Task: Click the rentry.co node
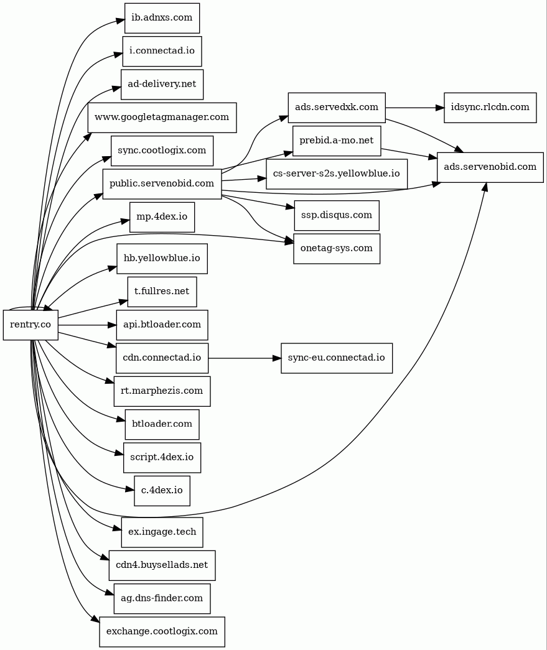(x=30, y=325)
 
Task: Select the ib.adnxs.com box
(x=162, y=18)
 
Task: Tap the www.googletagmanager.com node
(x=162, y=117)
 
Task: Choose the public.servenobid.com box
(x=162, y=183)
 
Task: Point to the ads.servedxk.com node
(x=337, y=108)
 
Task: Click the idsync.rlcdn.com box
(x=490, y=108)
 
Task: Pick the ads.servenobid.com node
(x=490, y=167)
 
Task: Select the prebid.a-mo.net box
(x=337, y=141)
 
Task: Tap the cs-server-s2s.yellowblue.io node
(x=337, y=174)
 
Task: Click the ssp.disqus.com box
(x=337, y=215)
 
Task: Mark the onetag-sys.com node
(x=337, y=248)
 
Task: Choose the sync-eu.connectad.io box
(x=337, y=358)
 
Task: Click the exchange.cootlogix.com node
(x=162, y=631)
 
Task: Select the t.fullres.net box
(x=162, y=292)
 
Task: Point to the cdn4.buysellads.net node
(x=162, y=565)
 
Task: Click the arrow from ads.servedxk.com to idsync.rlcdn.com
(x=414, y=108)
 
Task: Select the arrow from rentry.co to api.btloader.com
(x=87, y=325)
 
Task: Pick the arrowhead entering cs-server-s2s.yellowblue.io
(x=262, y=178)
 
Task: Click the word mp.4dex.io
(x=162, y=217)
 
